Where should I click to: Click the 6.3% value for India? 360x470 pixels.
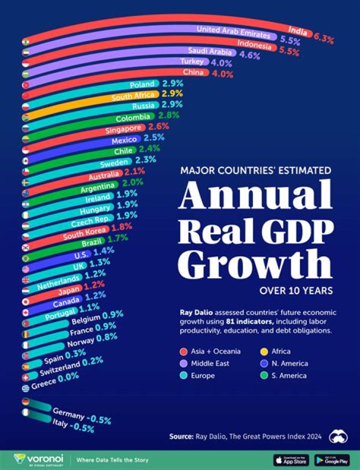[x=324, y=36]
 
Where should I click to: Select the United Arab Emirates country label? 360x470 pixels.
[x=233, y=31]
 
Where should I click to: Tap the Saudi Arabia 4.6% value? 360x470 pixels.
[x=250, y=56]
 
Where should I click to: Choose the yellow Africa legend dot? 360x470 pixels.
[x=261, y=352]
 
